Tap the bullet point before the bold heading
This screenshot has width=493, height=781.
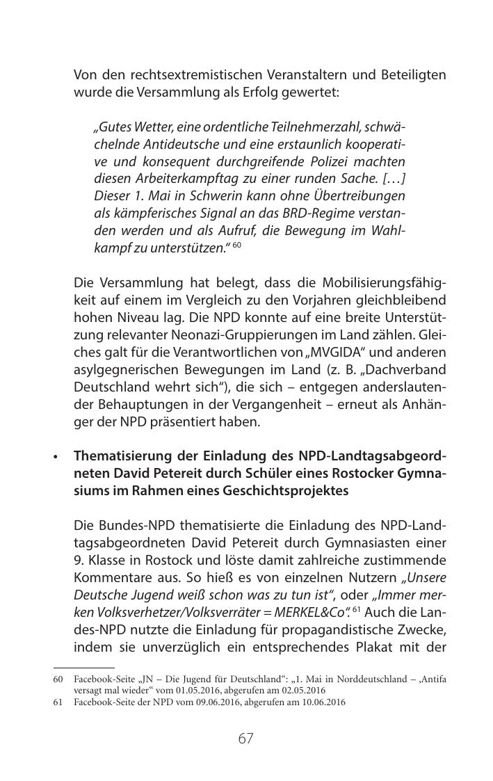tap(56, 457)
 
